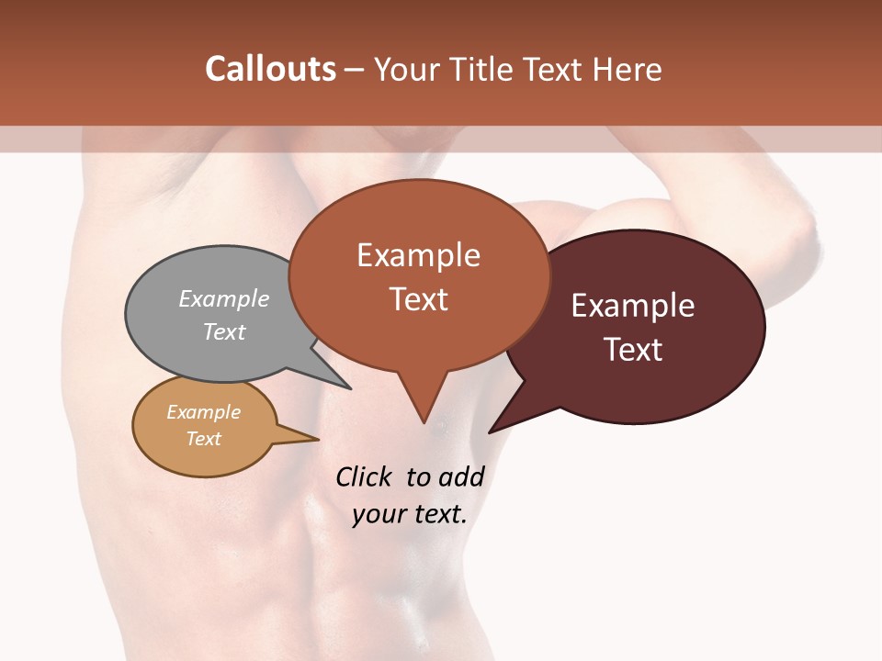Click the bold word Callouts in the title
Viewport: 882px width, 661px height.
coord(270,69)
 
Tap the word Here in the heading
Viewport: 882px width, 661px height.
coord(628,69)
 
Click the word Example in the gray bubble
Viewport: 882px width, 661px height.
coord(223,298)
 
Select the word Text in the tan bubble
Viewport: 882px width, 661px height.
coord(203,439)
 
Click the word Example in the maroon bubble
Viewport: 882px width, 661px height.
coord(632,306)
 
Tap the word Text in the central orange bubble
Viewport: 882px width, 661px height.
coord(418,299)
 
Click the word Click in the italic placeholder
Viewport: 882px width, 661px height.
coord(363,476)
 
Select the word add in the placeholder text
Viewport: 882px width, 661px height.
coord(460,476)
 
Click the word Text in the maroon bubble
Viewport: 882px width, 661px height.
coord(632,350)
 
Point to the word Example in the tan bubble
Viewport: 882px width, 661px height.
coord(203,412)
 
